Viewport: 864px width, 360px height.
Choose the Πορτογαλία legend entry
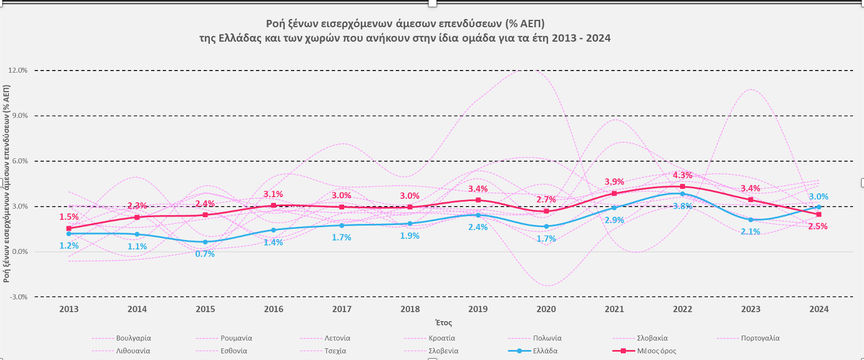pyautogui.click(x=760, y=338)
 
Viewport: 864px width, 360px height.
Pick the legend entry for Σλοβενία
pyautogui.click(x=443, y=351)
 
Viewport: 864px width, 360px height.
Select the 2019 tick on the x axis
pyautogui.click(x=478, y=309)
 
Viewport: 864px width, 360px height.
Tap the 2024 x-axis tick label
pyautogui.click(x=818, y=309)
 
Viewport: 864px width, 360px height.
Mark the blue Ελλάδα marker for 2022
pyautogui.click(x=682, y=194)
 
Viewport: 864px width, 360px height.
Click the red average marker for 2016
pyautogui.click(x=273, y=206)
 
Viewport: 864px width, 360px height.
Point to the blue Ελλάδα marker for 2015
pyautogui.click(x=205, y=242)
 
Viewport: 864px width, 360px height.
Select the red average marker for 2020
pyautogui.click(x=546, y=211)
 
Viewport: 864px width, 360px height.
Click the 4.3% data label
pyautogui.click(x=682, y=176)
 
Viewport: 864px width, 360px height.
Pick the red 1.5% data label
pyautogui.click(x=69, y=216)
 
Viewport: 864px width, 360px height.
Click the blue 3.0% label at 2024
pyautogui.click(x=818, y=197)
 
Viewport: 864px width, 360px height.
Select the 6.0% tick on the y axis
pyautogui.click(x=19, y=161)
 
